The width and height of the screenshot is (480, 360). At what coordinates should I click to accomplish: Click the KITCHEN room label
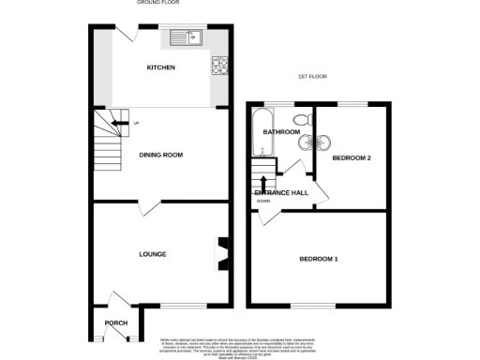pyautogui.click(x=160, y=67)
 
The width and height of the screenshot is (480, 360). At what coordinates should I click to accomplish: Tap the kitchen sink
pyautogui.click(x=187, y=38)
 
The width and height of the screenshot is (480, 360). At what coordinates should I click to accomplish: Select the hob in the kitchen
pyautogui.click(x=221, y=66)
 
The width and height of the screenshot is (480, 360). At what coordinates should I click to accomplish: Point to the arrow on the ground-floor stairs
pyautogui.click(x=115, y=120)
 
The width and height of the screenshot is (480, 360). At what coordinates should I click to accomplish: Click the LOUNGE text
pyautogui.click(x=153, y=254)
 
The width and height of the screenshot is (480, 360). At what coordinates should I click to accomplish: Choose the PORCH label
pyautogui.click(x=116, y=322)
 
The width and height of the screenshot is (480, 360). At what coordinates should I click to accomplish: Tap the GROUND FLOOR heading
pyautogui.click(x=159, y=4)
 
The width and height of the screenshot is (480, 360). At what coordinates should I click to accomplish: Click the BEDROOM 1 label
pyautogui.click(x=320, y=258)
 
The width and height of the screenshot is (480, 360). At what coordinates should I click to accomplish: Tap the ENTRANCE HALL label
pyautogui.click(x=282, y=193)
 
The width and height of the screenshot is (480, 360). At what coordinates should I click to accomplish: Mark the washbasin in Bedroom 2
pyautogui.click(x=322, y=143)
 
